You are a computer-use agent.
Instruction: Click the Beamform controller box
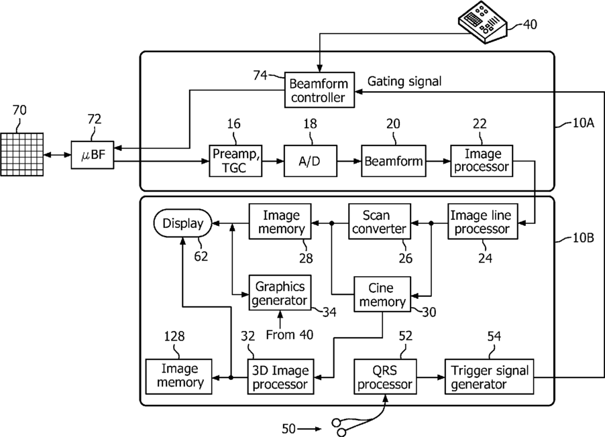tap(319, 90)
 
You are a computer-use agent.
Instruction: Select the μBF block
tap(93, 155)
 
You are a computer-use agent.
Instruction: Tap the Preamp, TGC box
tap(235, 161)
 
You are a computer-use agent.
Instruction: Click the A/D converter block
tap(311, 161)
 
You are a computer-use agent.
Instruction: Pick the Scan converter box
tap(379, 221)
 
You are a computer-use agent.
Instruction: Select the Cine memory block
tap(382, 294)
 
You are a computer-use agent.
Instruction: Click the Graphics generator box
tap(280, 292)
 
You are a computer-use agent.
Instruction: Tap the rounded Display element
tap(183, 223)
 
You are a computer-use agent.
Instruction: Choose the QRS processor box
tap(385, 377)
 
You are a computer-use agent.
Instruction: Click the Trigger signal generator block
tap(489, 377)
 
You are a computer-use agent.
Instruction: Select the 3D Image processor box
tap(280, 377)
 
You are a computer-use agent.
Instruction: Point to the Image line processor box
tap(482, 221)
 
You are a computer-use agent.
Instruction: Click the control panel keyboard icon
tap(482, 21)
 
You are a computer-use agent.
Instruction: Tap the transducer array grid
tap(21, 154)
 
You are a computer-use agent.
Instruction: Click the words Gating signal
tap(404, 81)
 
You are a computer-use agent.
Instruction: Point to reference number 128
tap(174, 336)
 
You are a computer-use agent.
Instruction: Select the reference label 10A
tap(583, 123)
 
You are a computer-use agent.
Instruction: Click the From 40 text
tap(289, 334)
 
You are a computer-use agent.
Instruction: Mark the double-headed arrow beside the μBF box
tap(57, 155)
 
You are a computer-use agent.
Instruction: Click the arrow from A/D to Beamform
tap(349, 161)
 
